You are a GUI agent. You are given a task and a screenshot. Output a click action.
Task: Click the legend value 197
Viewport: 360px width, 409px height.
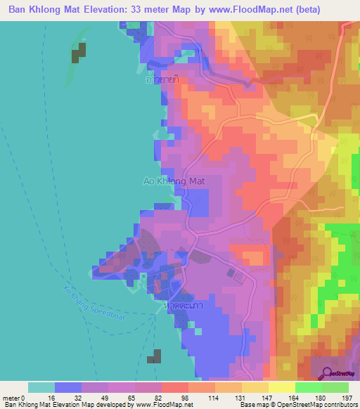coord(347,398)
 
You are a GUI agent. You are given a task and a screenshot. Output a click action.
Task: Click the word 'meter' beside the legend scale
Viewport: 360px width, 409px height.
coord(12,398)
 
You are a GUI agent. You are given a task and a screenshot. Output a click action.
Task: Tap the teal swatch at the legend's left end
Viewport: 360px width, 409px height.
coord(41,387)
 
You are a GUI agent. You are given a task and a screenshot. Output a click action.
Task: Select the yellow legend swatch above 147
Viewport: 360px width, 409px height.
coord(255,387)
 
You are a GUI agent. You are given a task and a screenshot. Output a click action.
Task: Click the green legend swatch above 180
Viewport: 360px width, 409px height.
coord(308,387)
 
